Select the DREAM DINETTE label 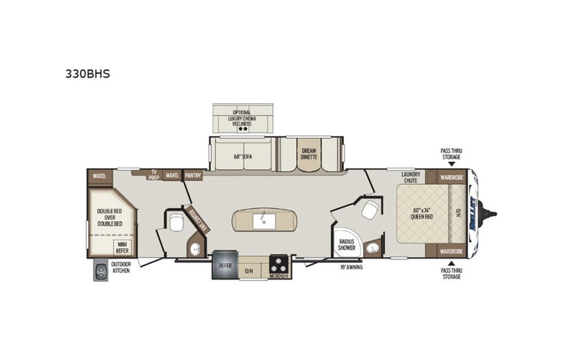(x=309, y=154)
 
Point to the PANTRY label (x=193, y=175)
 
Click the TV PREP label (x=153, y=173)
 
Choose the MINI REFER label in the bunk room (x=121, y=246)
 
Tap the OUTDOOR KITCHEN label (x=120, y=267)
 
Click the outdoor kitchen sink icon (x=101, y=270)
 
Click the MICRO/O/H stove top (x=277, y=266)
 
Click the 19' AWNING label (x=351, y=267)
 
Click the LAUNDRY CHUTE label (x=410, y=178)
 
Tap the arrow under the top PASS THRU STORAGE (x=451, y=163)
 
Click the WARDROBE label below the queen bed (x=451, y=251)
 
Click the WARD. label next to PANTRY (x=172, y=175)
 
